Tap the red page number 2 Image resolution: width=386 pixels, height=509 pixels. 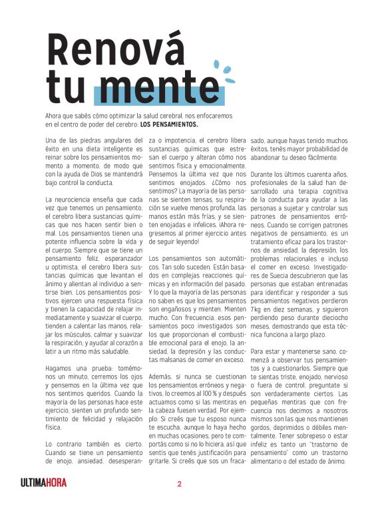point(179,483)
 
